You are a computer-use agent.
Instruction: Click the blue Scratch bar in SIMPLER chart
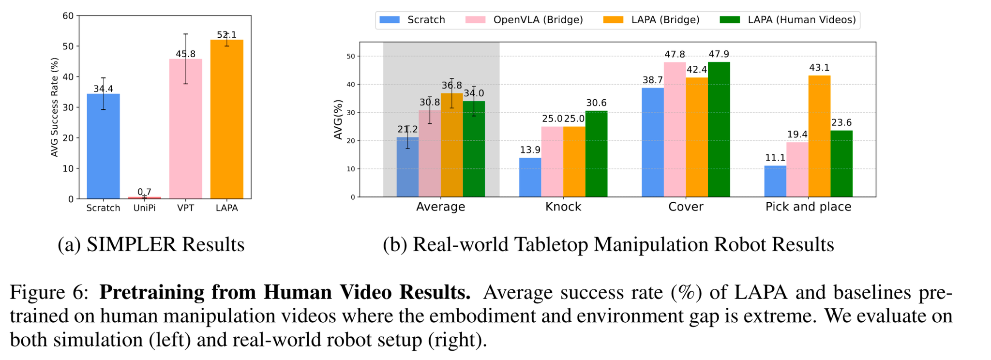tap(103, 146)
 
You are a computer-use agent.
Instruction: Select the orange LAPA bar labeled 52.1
tap(227, 119)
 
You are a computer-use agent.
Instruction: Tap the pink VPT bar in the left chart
tap(186, 129)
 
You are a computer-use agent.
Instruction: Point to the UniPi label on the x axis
tap(144, 208)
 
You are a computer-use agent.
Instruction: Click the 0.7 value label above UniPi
tap(144, 192)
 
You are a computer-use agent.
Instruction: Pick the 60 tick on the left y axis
tap(68, 16)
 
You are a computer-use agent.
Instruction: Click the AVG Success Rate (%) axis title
tap(55, 107)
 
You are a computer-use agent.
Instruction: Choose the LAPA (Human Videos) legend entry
tap(788, 20)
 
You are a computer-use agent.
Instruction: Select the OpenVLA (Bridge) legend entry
tap(524, 20)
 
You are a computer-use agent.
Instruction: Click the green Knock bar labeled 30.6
tap(596, 154)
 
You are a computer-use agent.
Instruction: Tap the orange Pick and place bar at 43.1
tap(819, 136)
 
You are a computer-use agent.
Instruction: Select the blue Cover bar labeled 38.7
tap(653, 142)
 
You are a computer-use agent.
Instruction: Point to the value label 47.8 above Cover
tap(675, 55)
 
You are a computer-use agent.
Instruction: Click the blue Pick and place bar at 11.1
tap(775, 181)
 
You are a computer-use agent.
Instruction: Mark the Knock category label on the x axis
tap(563, 207)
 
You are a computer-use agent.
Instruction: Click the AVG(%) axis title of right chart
tap(338, 120)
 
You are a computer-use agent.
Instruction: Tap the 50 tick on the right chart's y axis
tap(350, 56)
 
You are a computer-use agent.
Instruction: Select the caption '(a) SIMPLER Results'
tap(151, 245)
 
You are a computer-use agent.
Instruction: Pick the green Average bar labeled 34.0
tap(474, 149)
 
